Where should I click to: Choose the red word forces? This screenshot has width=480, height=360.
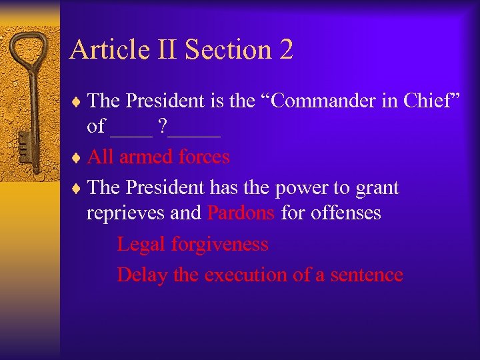(203, 157)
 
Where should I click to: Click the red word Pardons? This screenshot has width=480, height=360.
(241, 213)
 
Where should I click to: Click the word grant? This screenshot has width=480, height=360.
(377, 189)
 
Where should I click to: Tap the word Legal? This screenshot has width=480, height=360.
(141, 245)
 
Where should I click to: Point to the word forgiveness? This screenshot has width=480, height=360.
(220, 245)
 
